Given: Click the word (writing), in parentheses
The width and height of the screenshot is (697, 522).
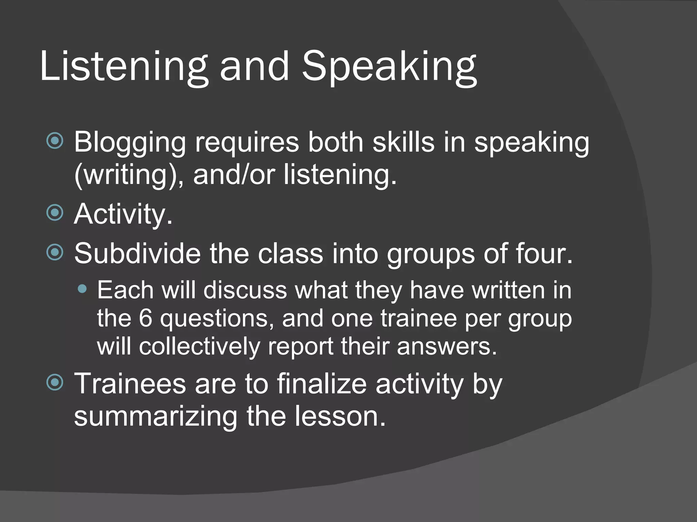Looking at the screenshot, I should coord(129,175).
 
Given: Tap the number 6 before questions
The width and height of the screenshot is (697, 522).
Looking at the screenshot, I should coord(145,318).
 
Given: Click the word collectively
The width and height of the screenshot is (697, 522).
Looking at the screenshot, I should coord(199,347).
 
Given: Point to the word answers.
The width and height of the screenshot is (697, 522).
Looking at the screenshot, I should coord(447,347).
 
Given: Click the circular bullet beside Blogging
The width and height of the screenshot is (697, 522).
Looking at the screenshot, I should coord(55,141).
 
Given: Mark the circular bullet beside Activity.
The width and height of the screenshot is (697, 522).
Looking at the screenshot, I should coord(55,213).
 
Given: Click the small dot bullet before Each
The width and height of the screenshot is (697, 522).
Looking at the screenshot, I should coord(82,289).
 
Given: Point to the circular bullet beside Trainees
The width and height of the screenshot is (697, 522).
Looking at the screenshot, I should coord(55,382).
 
